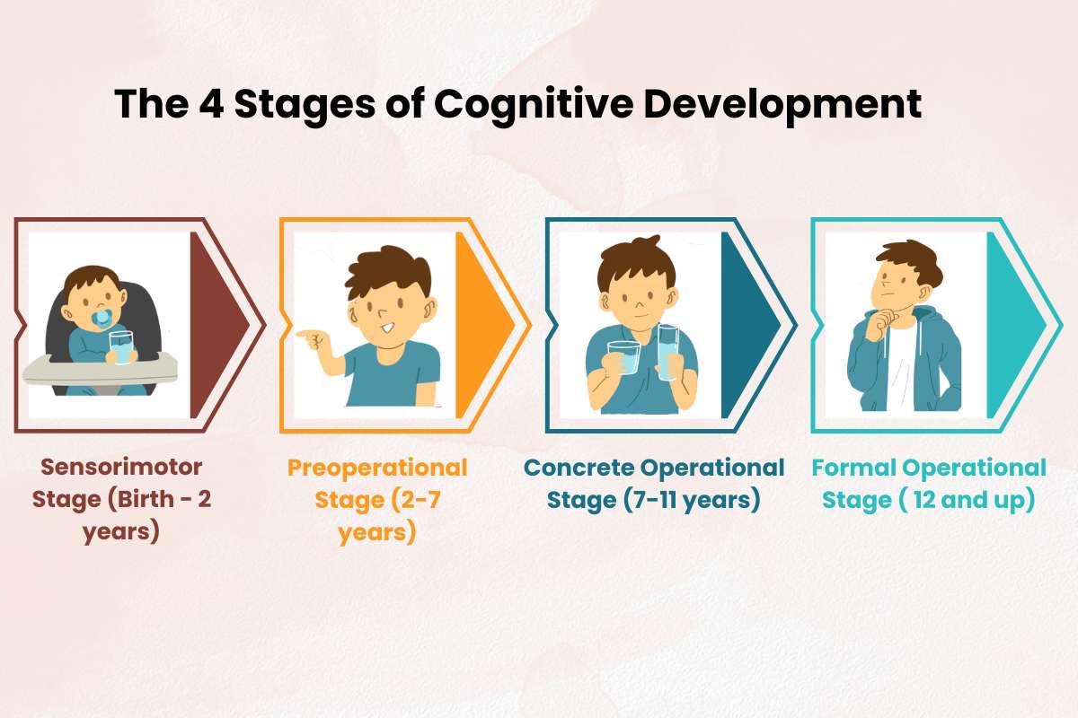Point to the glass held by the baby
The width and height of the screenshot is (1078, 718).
point(121,346)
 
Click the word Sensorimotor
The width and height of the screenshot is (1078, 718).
point(122,468)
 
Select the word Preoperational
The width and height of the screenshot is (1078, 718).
point(377,468)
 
